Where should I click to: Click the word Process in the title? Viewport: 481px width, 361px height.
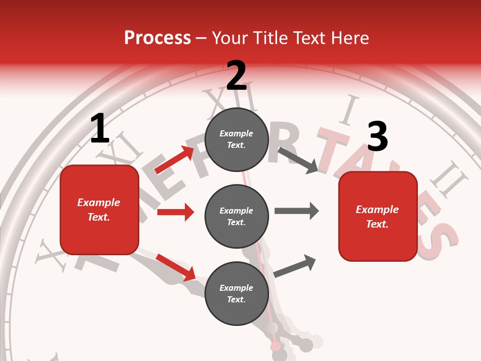[x=157, y=38]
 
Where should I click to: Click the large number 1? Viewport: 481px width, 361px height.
[x=100, y=128]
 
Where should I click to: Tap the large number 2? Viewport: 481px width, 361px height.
[x=236, y=76]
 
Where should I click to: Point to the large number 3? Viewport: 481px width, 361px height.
[x=378, y=136]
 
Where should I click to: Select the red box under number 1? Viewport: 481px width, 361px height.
[x=99, y=210]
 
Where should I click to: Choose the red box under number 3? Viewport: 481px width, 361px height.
[x=378, y=216]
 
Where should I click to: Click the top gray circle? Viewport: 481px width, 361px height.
[x=236, y=139]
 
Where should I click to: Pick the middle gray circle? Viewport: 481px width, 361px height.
[x=236, y=216]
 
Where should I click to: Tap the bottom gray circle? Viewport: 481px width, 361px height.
[x=236, y=293]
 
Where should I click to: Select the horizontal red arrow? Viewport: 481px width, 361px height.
[x=175, y=212]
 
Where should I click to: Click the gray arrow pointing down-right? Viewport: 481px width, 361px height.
[x=298, y=160]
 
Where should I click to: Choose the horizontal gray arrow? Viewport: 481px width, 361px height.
[x=297, y=211]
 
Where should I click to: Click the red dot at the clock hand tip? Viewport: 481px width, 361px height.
[x=276, y=346]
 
